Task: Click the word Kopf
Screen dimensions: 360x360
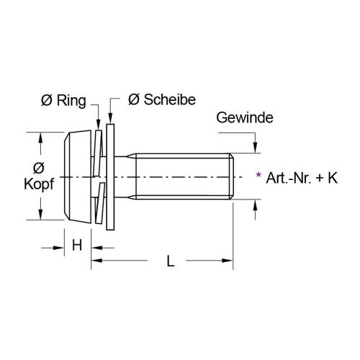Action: pyautogui.click(x=40, y=184)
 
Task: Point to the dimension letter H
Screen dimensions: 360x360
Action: pyautogui.click(x=76, y=246)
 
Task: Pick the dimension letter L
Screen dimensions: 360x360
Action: pyautogui.click(x=171, y=262)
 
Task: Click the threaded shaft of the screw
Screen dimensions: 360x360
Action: pyautogui.click(x=187, y=176)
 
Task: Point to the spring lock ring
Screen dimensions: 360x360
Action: pyautogui.click(x=100, y=176)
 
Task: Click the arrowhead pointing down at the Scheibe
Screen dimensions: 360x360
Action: pyautogui.click(x=110, y=120)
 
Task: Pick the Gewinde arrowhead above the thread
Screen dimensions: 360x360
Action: pyautogui.click(x=255, y=148)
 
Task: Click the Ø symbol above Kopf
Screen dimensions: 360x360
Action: pyautogui.click(x=40, y=167)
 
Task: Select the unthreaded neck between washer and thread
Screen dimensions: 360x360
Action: pyautogui.click(x=127, y=176)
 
